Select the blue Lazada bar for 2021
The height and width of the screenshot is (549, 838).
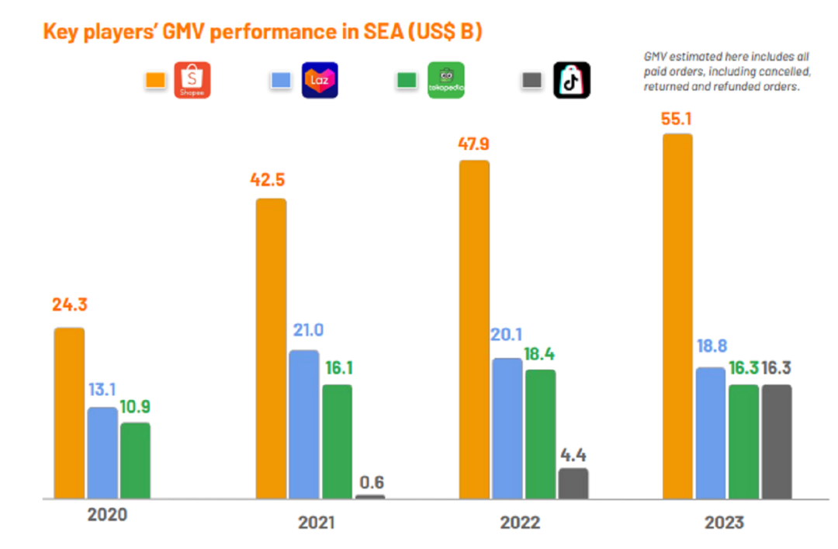click(x=304, y=424)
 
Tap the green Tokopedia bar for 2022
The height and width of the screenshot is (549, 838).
click(x=540, y=434)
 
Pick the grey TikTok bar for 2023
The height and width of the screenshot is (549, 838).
click(x=776, y=441)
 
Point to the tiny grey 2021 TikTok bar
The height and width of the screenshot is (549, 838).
click(x=370, y=496)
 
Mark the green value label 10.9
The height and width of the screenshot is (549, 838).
click(x=136, y=405)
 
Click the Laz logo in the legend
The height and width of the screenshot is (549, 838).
click(x=320, y=80)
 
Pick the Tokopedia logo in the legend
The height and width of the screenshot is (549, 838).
click(x=446, y=80)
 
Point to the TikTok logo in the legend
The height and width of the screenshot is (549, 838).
click(x=572, y=80)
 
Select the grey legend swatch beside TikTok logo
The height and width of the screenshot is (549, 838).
click(x=532, y=80)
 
